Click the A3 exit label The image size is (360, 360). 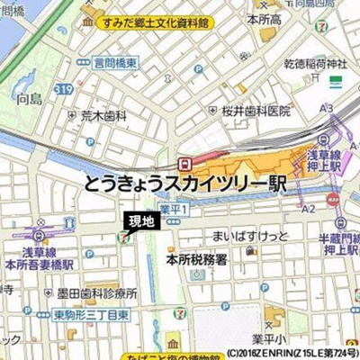(326, 109)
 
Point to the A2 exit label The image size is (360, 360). (309, 208)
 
